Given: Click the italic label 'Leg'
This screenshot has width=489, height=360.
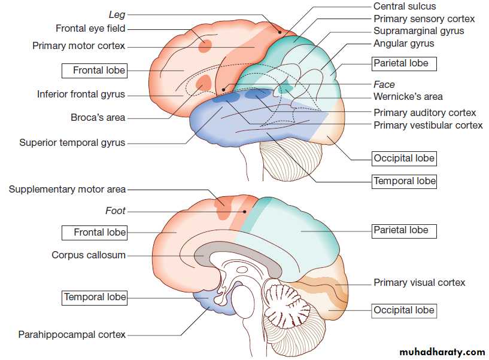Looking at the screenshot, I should coord(117,13).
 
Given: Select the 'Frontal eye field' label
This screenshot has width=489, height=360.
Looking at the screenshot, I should coord(90,28).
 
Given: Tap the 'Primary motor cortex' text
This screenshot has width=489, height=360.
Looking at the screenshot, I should coord(78,45).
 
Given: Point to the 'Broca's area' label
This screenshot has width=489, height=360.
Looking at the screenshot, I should coord(98,118).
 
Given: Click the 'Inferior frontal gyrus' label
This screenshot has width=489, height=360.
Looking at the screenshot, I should coord(81,94).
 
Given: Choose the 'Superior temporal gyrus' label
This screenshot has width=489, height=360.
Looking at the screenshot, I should coord(72,143).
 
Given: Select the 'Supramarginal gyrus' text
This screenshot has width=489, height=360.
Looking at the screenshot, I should coord(418,31).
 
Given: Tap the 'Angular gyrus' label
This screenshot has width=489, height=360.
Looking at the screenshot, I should coord(403,44).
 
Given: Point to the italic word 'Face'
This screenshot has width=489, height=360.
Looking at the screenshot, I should coord(384,85).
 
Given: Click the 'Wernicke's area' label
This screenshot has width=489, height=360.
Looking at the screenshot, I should coord(408,97).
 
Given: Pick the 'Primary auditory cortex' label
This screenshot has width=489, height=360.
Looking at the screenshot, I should coord(424,113).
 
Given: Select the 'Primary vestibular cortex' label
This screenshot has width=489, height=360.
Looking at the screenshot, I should coord(428,126).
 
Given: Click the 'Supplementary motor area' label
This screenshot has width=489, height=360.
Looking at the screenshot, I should coord(67,190).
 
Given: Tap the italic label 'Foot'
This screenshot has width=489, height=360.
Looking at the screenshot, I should coord(116,210).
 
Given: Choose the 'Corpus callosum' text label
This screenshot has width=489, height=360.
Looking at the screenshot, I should coord(89,255).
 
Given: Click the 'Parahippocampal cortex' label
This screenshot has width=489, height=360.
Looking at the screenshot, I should coord(72,335).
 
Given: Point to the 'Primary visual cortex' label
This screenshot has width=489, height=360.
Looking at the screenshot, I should coord(419,283).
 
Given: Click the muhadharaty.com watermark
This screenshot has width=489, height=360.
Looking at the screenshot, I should coord(440,352).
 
